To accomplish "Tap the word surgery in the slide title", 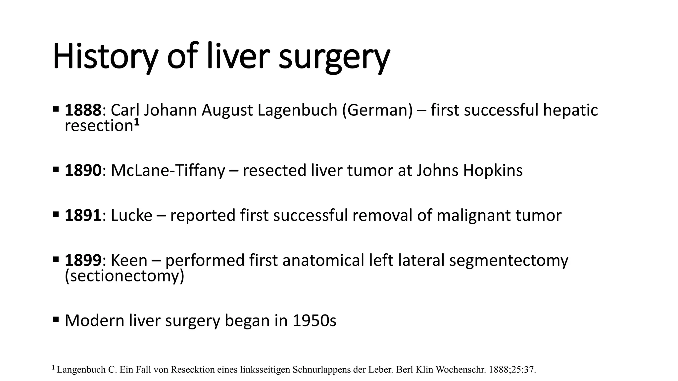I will pos(334,57).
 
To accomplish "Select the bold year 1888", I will pos(83,110).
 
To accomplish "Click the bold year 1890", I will pos(83,171).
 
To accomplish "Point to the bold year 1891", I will pos(83,216).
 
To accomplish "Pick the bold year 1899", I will pos(83,260).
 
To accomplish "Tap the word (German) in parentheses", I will pos(377,110).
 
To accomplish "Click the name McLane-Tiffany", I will pos(168,171).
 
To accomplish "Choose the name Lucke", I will pos(131,216).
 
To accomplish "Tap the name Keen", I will pos(129,260).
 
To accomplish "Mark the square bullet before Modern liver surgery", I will pos(56,319).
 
